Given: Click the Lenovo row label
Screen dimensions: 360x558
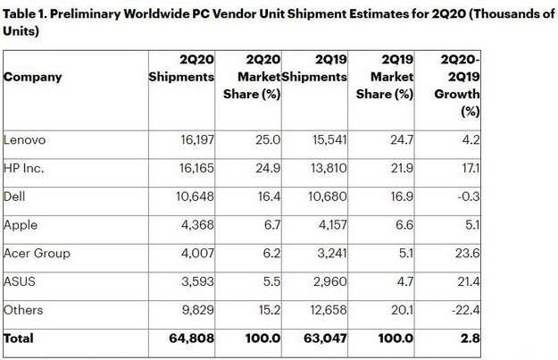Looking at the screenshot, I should click(26, 138).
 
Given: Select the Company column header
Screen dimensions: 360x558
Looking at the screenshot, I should click(34, 77).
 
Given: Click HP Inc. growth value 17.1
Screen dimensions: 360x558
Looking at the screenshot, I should click(472, 166).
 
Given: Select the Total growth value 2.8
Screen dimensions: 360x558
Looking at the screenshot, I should click(471, 339).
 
